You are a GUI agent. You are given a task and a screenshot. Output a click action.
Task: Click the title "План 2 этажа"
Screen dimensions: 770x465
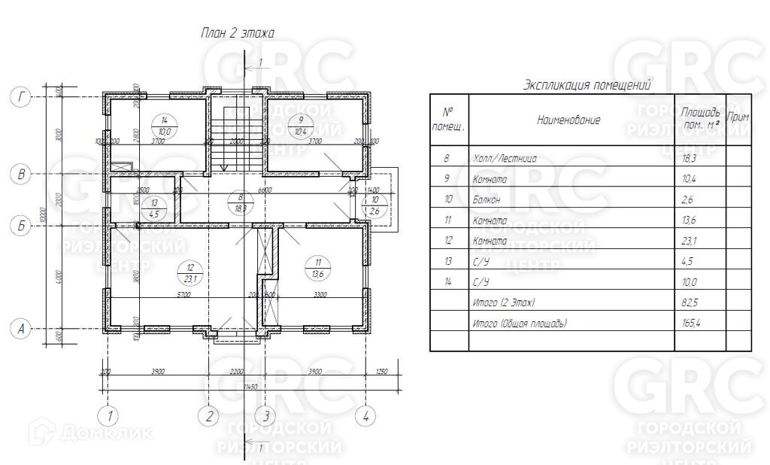click(x=237, y=32)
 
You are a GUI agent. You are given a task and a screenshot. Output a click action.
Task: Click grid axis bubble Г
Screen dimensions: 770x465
click(x=23, y=96)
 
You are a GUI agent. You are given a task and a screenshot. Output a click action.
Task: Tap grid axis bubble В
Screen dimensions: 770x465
click(x=23, y=175)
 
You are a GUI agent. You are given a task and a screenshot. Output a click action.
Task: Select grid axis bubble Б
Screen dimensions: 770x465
click(x=23, y=225)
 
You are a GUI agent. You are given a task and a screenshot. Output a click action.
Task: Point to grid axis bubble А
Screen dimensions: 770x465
click(x=23, y=329)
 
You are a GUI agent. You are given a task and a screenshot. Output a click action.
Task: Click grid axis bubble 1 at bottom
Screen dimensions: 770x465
click(x=110, y=415)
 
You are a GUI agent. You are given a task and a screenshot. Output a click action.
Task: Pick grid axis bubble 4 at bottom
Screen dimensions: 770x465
click(x=365, y=415)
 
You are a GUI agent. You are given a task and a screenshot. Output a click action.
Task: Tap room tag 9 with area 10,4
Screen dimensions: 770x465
click(x=301, y=126)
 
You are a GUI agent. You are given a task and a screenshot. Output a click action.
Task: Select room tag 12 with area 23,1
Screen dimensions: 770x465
click(x=190, y=272)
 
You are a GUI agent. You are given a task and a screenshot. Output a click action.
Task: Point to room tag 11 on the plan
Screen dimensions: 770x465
click(x=318, y=267)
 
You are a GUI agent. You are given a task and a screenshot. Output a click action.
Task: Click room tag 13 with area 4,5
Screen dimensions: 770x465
click(x=155, y=208)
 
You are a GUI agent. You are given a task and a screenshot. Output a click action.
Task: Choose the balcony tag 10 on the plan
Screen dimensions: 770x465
click(x=375, y=204)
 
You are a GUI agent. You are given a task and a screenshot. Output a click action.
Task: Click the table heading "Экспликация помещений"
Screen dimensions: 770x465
click(x=587, y=85)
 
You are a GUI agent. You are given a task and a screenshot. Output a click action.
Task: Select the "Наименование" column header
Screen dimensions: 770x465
click(x=568, y=120)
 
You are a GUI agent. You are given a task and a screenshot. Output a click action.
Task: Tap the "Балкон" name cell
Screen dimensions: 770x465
click(x=490, y=199)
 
